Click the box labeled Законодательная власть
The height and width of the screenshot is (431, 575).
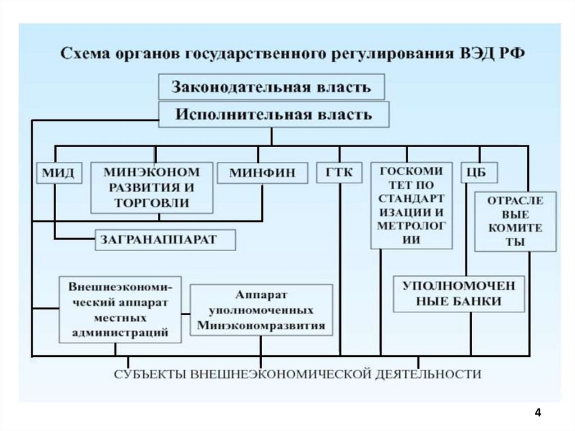tap(271, 87)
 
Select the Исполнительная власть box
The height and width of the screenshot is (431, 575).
tap(273, 115)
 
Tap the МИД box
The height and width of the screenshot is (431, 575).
tap(58, 173)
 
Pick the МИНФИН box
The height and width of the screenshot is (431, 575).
tap(262, 173)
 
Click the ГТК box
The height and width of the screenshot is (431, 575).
tap(339, 173)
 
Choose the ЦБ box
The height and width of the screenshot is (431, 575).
tap(479, 173)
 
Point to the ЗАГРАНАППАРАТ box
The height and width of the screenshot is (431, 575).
tap(165, 240)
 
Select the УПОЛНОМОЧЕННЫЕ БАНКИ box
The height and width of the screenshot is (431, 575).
tap(459, 293)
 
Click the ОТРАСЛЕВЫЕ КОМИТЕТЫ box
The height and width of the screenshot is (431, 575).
tap(515, 221)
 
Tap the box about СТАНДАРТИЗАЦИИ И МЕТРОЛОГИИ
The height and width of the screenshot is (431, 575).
tap(411, 206)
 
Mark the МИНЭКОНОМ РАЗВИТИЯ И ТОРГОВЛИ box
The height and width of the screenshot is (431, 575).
tap(152, 188)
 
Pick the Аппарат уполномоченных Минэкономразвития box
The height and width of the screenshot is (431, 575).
tap(261, 310)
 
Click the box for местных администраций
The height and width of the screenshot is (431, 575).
tap(121, 309)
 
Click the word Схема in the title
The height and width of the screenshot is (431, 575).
tap(85, 55)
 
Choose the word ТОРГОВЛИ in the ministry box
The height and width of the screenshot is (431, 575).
tap(152, 203)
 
